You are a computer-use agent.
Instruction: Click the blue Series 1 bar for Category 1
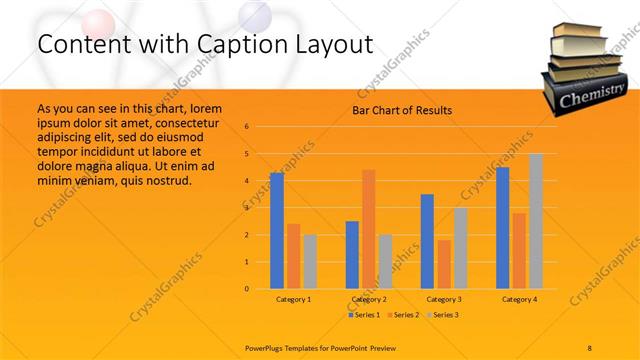pos(277,231)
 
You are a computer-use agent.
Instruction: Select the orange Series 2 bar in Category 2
pos(369,229)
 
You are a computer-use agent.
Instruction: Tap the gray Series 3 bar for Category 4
pos(536,221)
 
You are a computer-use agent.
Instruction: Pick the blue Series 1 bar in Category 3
pos(427,241)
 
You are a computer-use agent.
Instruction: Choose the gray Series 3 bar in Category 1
pos(310,261)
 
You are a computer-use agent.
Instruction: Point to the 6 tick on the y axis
pos(246,127)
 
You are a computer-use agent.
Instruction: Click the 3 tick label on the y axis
pos(246,208)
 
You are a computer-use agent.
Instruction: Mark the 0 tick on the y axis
pos(246,289)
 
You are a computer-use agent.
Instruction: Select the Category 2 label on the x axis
pos(369,299)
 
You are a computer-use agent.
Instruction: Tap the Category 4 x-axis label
pos(519,299)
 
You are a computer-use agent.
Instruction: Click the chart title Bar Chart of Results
pos(402,110)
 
